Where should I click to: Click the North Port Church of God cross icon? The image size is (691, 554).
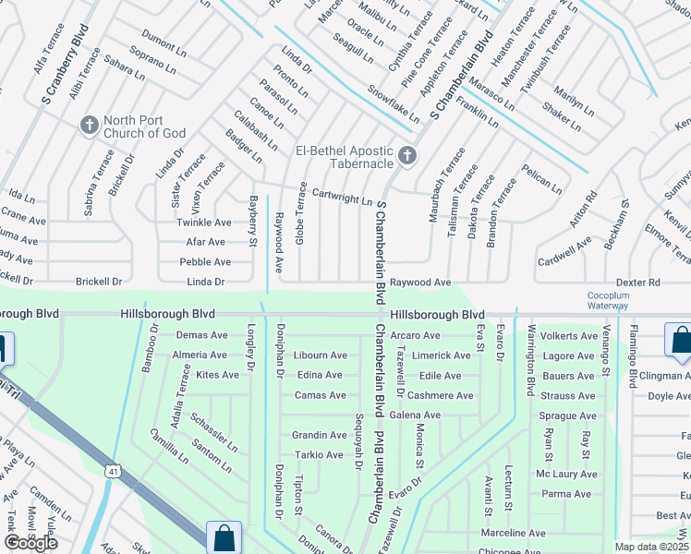90,125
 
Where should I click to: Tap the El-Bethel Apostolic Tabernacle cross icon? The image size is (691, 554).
407,157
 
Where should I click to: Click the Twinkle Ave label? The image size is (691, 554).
203,223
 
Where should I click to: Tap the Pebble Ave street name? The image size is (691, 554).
205,262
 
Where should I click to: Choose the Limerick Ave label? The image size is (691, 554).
442,355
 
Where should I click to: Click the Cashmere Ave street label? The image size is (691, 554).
441,395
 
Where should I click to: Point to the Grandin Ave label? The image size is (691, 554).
319,435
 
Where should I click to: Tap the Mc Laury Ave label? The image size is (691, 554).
567,474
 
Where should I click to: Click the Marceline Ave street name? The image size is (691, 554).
513,533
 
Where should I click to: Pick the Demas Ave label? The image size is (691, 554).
201,335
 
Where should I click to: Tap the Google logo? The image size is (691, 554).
30,543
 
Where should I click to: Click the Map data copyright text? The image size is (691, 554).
652,547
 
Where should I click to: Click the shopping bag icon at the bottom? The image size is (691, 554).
224,537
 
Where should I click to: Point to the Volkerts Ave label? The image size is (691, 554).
568,336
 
